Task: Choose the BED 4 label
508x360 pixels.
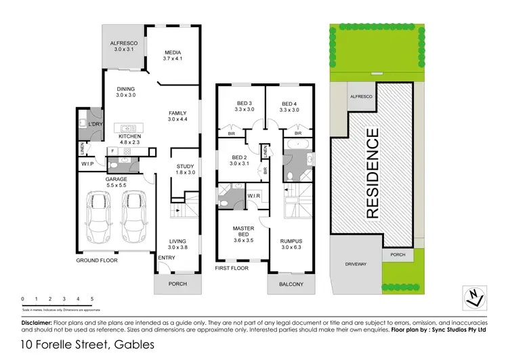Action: click(x=289, y=103)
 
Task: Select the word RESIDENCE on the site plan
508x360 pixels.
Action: click(x=372, y=173)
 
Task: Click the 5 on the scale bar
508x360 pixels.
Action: click(x=91, y=299)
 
